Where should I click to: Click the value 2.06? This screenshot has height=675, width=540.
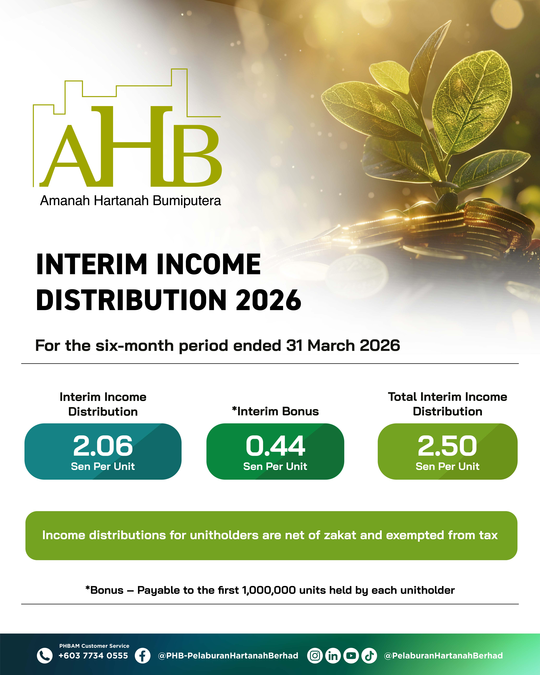coord(103,446)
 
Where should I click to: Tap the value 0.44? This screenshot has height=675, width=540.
coord(275,446)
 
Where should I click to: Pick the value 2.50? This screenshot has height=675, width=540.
coord(447,446)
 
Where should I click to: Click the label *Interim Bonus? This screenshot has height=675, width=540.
coord(275,411)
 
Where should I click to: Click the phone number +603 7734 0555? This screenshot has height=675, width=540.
coord(93,656)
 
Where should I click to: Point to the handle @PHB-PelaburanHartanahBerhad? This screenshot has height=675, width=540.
coord(228,656)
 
